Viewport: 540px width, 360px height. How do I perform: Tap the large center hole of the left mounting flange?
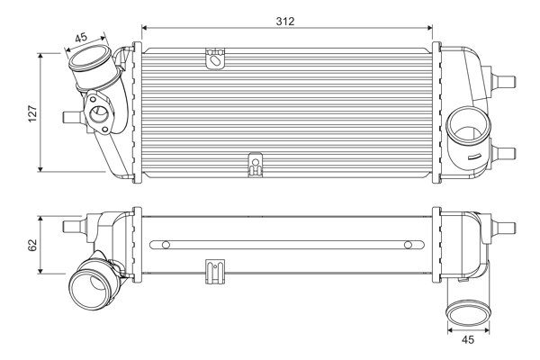[x=97, y=114]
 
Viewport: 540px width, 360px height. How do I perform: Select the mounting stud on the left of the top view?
[x=68, y=115]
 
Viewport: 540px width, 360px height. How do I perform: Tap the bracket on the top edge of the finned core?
[x=214, y=59]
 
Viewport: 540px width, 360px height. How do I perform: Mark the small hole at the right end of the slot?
[x=407, y=244]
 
